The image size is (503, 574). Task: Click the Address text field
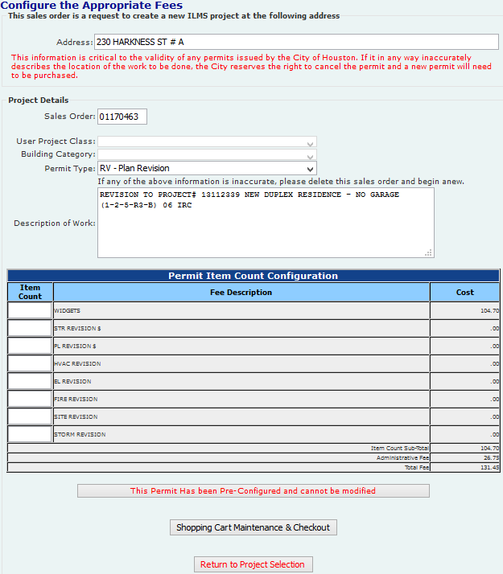point(296,42)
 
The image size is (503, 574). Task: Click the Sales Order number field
point(122,117)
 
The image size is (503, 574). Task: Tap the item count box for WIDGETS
point(30,310)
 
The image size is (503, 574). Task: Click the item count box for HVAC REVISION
point(30,363)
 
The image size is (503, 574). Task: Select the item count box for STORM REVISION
point(30,434)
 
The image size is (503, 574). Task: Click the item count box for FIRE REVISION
point(30,399)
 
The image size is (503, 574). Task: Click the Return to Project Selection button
point(253,564)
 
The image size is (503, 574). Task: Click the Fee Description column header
point(241,292)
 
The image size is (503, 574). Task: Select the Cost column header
point(465,292)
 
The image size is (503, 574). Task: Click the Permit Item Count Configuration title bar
point(253,276)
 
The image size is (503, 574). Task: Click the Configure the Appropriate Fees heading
point(91,5)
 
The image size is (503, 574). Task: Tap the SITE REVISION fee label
point(76,416)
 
